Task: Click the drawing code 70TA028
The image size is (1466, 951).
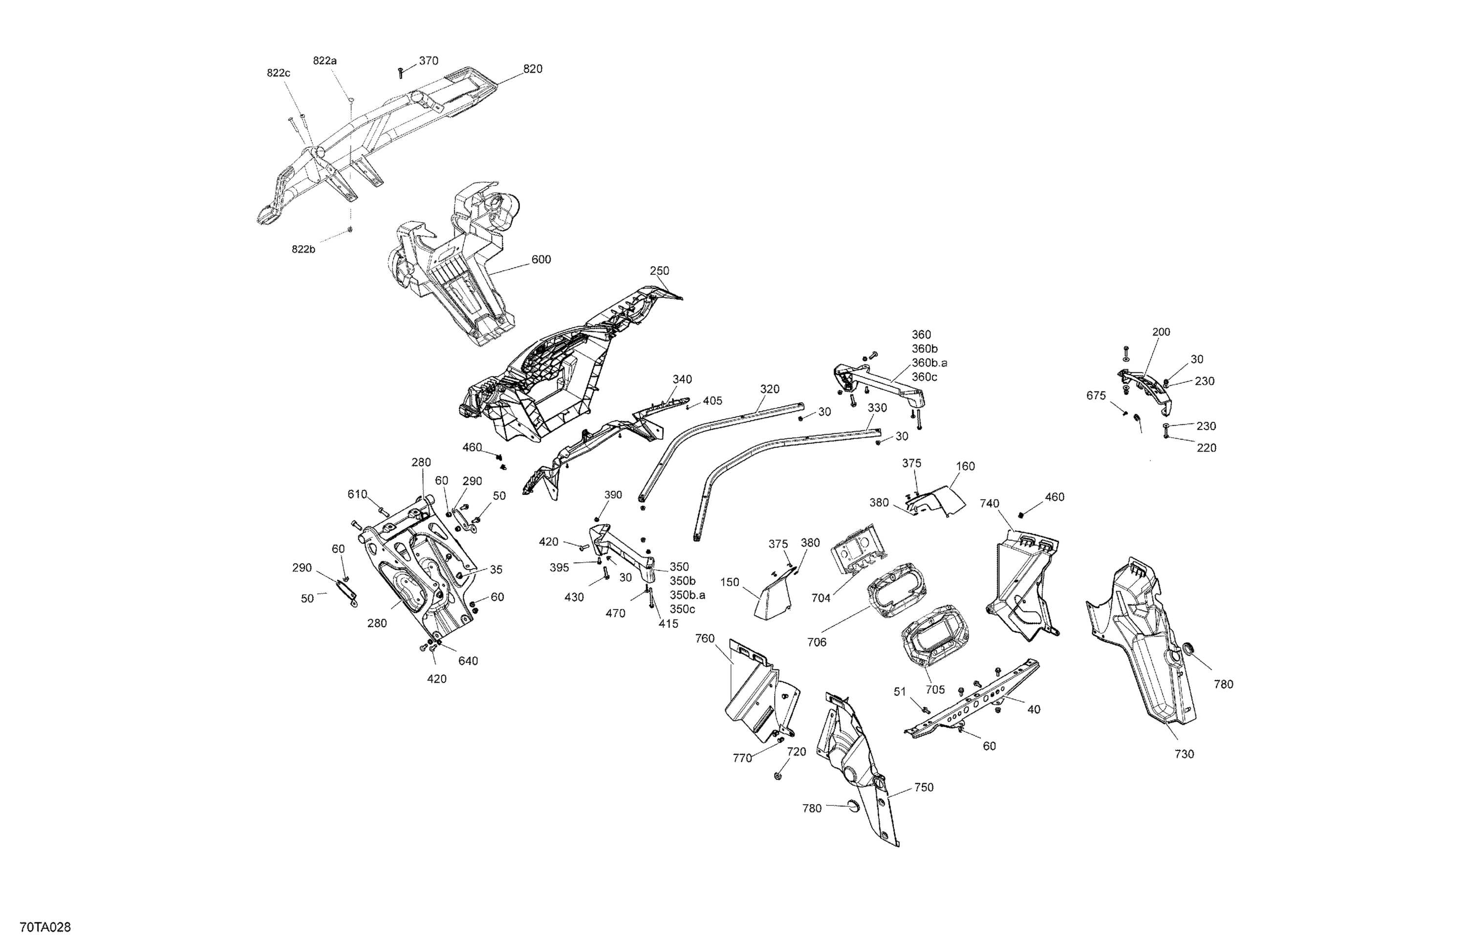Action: pyautogui.click(x=45, y=927)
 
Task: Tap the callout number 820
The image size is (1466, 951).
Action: pyautogui.click(x=533, y=69)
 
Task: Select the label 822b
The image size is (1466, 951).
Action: pyautogui.click(x=303, y=249)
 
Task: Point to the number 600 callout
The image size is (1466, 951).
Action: pyautogui.click(x=541, y=260)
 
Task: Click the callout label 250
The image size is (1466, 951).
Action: pyautogui.click(x=659, y=270)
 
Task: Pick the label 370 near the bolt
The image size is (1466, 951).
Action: pyautogui.click(x=429, y=61)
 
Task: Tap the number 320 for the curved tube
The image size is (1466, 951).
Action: pyautogui.click(x=769, y=389)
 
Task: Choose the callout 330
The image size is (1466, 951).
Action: pyautogui.click(x=877, y=407)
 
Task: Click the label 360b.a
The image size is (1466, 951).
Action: pyautogui.click(x=929, y=363)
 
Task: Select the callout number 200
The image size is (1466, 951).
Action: pyautogui.click(x=1161, y=332)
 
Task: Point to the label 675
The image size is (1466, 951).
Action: pyautogui.click(x=1096, y=396)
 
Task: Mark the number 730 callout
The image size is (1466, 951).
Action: pyautogui.click(x=1184, y=754)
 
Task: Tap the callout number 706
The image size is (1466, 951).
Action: pyautogui.click(x=817, y=642)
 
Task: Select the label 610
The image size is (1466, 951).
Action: pyautogui.click(x=357, y=494)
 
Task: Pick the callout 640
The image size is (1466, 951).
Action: pyautogui.click(x=468, y=661)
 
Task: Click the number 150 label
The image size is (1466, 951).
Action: pyautogui.click(x=729, y=582)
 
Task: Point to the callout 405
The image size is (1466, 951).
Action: pyautogui.click(x=712, y=400)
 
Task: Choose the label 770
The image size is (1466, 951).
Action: pyautogui.click(x=742, y=758)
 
